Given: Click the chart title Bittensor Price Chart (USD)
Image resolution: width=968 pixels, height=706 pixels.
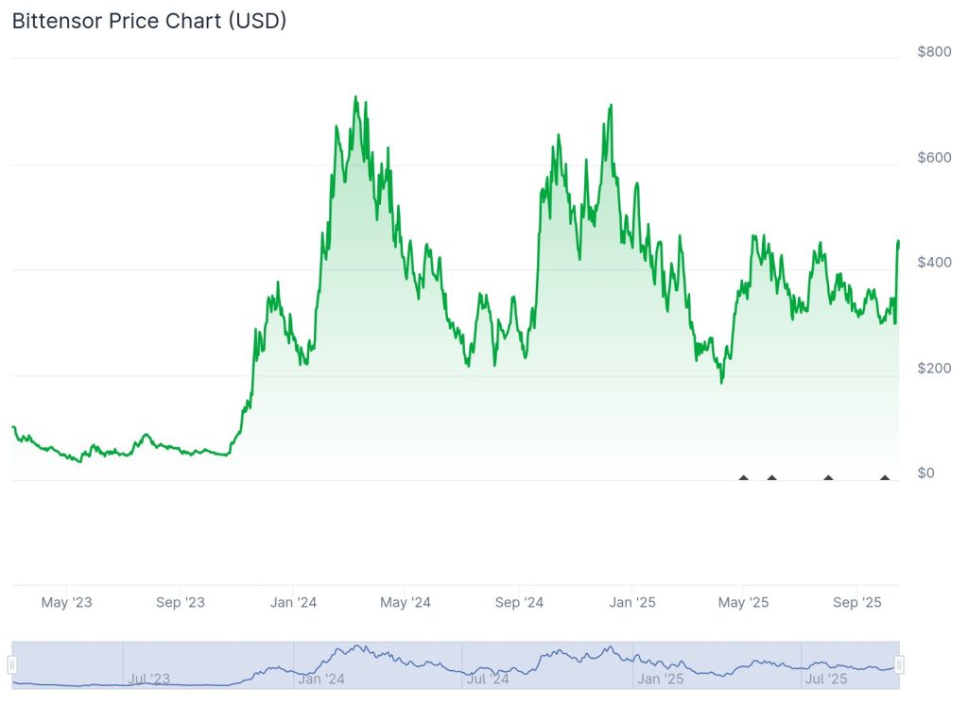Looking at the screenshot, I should click(x=149, y=21).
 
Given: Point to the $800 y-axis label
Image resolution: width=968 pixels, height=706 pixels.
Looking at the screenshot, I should click(x=934, y=51).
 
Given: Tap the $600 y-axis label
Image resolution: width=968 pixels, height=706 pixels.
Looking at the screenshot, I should click(x=934, y=157).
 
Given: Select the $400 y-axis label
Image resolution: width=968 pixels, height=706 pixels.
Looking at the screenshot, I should click(x=934, y=262).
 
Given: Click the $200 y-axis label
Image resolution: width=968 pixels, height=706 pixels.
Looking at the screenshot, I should click(x=934, y=368).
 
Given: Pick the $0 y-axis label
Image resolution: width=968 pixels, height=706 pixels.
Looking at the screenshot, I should click(x=925, y=473).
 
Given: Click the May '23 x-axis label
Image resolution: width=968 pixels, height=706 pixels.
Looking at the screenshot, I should click(x=68, y=602).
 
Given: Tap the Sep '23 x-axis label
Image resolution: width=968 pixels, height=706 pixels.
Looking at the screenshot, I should click(x=181, y=602).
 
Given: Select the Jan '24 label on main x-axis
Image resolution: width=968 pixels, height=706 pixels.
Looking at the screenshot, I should click(x=294, y=602).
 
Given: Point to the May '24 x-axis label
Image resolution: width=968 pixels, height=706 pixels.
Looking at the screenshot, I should click(x=406, y=602).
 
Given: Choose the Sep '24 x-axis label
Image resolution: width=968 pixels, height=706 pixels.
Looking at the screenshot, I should click(x=519, y=602).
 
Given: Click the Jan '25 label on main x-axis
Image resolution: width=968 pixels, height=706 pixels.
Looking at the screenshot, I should click(x=632, y=602).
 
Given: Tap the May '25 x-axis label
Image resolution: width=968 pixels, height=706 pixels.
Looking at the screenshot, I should click(x=744, y=602).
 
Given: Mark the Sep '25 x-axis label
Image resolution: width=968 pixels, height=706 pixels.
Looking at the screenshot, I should click(x=856, y=602).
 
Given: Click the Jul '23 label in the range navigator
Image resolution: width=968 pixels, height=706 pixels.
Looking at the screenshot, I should click(x=148, y=679).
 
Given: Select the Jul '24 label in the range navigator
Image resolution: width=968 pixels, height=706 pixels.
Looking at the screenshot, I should click(x=488, y=679).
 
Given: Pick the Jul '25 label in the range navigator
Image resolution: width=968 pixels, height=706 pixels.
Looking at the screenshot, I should click(x=826, y=679).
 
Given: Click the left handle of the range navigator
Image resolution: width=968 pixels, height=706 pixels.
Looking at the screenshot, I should click(x=13, y=664).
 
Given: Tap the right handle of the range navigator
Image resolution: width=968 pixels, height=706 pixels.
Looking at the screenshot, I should click(x=899, y=664).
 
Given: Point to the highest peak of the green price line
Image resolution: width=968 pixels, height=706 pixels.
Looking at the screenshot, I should click(x=354, y=96).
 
